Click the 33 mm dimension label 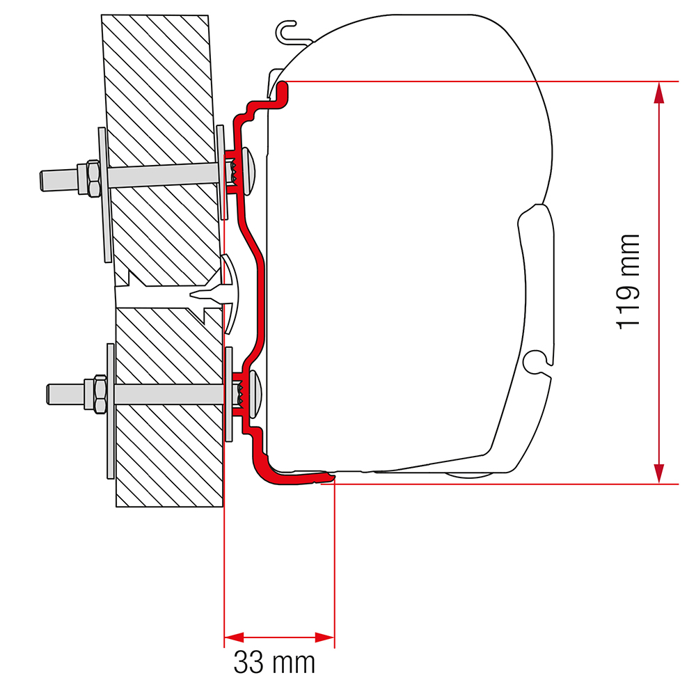click(x=274, y=662)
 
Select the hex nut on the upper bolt click(x=91, y=177)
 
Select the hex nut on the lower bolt click(x=96, y=393)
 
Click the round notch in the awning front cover click(x=535, y=360)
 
